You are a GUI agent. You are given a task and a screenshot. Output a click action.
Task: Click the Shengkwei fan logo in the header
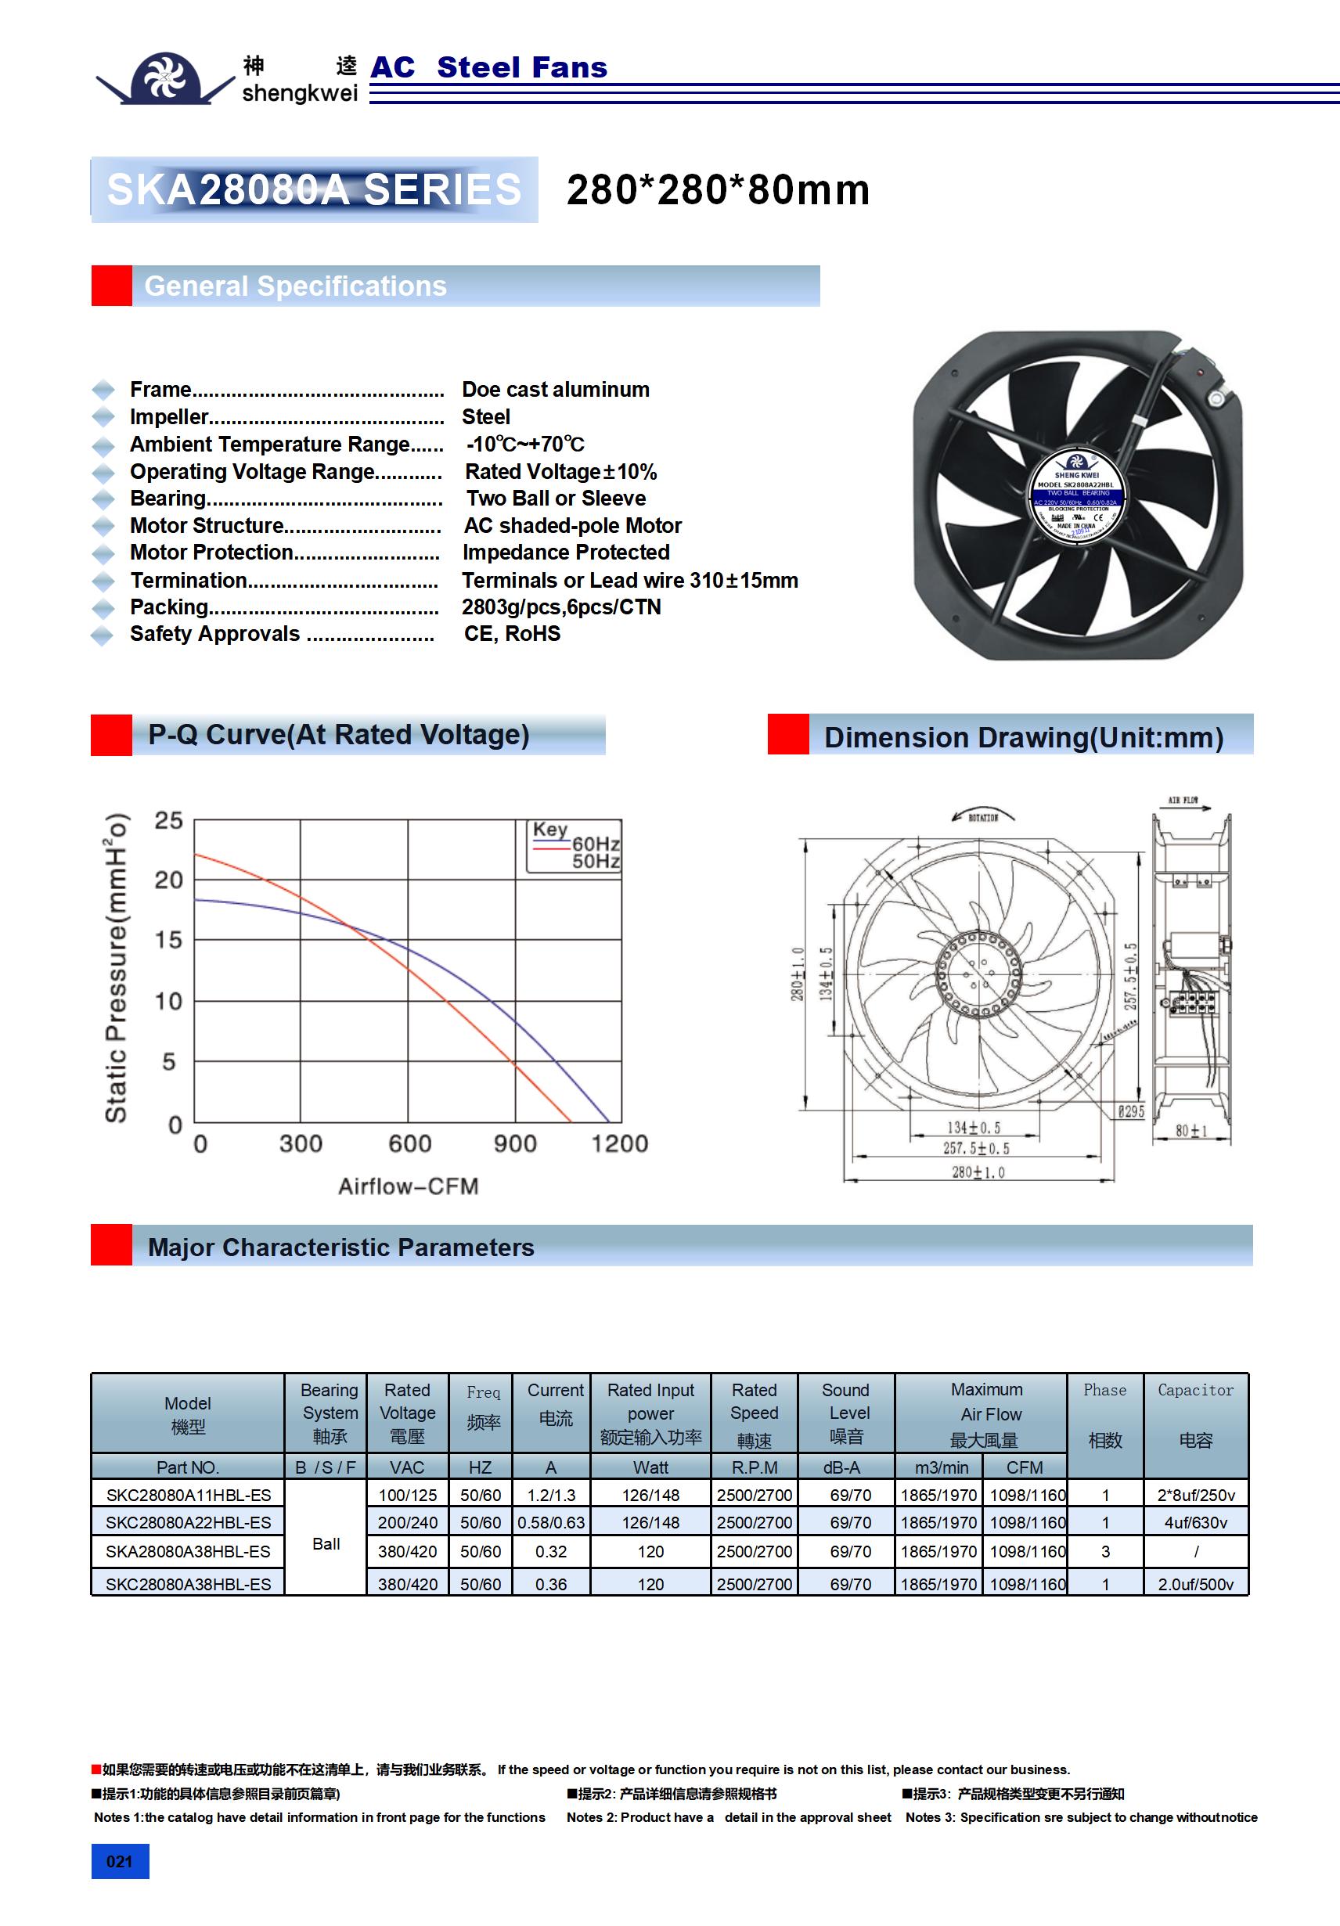click(166, 78)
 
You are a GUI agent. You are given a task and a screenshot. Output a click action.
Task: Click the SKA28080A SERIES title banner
click(314, 189)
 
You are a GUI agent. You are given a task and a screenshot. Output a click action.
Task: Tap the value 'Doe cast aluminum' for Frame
click(556, 389)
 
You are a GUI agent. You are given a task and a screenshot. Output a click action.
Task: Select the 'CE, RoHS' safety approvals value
click(512, 634)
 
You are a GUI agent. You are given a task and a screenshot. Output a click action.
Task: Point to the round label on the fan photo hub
click(1076, 497)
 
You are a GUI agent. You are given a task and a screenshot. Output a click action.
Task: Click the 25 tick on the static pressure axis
click(168, 820)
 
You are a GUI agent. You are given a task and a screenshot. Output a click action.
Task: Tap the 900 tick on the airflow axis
click(514, 1143)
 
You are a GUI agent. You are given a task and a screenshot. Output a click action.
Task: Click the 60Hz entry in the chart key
click(596, 844)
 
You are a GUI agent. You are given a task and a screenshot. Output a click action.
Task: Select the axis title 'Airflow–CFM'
click(408, 1186)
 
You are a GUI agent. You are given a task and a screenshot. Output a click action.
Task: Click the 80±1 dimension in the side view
click(1191, 1131)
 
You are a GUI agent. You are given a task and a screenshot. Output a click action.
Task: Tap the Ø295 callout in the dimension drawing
click(1130, 1111)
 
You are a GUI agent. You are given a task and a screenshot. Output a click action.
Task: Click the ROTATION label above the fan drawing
click(982, 817)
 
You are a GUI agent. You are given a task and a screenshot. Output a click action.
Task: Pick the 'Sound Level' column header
click(846, 1413)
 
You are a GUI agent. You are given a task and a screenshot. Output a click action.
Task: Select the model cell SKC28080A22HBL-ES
click(188, 1522)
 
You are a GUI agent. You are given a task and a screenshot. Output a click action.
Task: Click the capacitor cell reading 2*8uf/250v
click(1196, 1495)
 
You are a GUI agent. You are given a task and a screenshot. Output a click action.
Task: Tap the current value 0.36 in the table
click(550, 1585)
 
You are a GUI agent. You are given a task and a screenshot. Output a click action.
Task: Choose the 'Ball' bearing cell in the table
click(326, 1543)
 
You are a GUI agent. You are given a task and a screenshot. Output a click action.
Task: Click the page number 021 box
click(119, 1861)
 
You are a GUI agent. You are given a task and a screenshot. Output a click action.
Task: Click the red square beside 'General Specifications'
click(112, 286)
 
